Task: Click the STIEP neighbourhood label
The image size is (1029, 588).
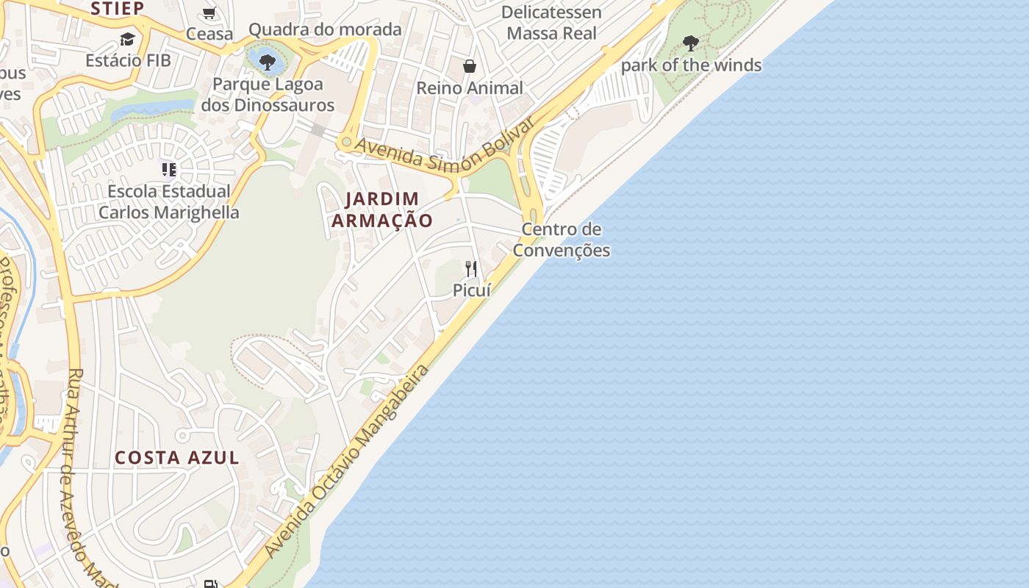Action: pyautogui.click(x=118, y=8)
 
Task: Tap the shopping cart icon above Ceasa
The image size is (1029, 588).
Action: pyautogui.click(x=209, y=13)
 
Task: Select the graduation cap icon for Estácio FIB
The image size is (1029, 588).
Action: pyautogui.click(x=128, y=40)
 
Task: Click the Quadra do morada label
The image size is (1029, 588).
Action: pyautogui.click(x=325, y=29)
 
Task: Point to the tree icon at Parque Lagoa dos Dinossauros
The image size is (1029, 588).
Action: pyautogui.click(x=268, y=62)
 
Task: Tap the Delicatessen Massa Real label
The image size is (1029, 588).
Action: pyautogui.click(x=551, y=23)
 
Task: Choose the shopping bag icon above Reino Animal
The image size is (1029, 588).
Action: pyautogui.click(x=470, y=67)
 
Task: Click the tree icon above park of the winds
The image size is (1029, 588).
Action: pyautogui.click(x=690, y=43)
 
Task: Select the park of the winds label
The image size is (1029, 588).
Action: pyautogui.click(x=691, y=65)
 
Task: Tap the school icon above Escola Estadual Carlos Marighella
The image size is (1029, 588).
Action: pyautogui.click(x=169, y=171)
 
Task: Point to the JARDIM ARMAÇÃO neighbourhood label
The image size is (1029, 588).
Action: pyautogui.click(x=382, y=209)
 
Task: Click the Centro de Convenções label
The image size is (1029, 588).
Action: pyautogui.click(x=562, y=240)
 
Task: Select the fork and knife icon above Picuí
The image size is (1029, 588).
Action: pyautogui.click(x=471, y=269)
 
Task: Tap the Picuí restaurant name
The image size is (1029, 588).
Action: pyautogui.click(x=471, y=290)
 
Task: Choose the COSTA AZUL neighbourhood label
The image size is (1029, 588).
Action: pyautogui.click(x=177, y=457)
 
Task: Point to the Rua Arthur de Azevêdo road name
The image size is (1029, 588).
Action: pyautogui.click(x=87, y=470)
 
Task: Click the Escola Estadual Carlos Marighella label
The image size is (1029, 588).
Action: pyautogui.click(x=169, y=202)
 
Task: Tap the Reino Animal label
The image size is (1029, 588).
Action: pyautogui.click(x=470, y=88)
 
